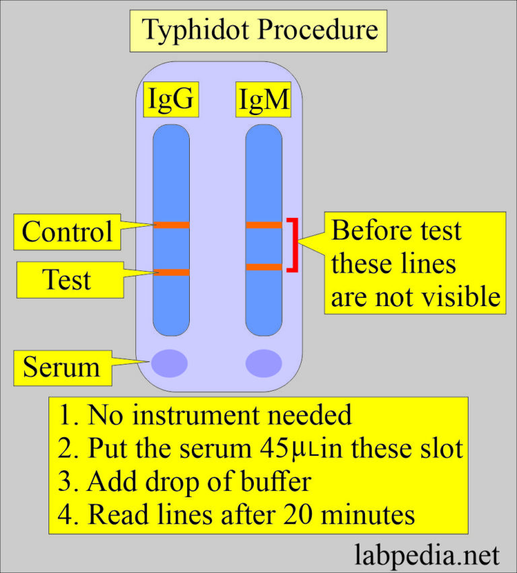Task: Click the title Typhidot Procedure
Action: (x=259, y=30)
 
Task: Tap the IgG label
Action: (x=171, y=99)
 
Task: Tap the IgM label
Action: (x=263, y=100)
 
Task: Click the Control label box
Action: (x=67, y=231)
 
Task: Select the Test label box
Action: (x=67, y=279)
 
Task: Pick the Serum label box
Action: (x=61, y=367)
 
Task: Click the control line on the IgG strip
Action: (x=171, y=225)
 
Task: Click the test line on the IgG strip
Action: (x=171, y=272)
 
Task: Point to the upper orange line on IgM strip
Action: (x=263, y=225)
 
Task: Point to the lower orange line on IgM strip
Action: (x=263, y=267)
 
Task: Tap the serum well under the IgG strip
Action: (x=169, y=363)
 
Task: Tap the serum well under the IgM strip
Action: (x=263, y=363)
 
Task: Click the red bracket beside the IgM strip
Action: (x=294, y=245)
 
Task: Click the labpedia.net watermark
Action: (x=427, y=556)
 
